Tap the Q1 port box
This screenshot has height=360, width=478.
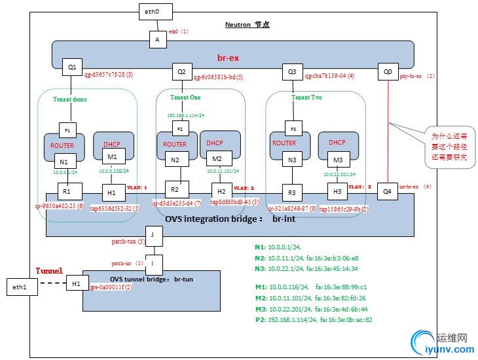click(71, 67)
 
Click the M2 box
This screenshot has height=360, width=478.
click(219, 160)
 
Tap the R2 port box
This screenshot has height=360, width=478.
click(175, 190)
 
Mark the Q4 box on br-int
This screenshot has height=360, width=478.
click(387, 192)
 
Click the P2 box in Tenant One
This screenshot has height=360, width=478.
click(179, 128)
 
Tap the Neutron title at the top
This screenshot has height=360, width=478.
click(248, 24)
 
